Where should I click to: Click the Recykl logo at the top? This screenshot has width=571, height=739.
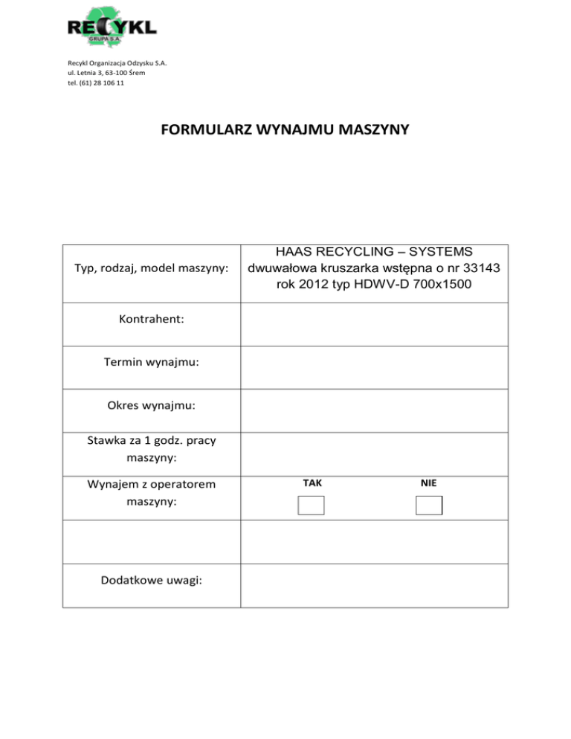[112, 28]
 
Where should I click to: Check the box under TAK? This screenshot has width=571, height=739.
[311, 506]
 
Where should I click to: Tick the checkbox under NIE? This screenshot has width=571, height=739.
[429, 506]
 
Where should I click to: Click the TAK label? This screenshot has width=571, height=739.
[312, 483]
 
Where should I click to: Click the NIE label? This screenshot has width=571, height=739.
[428, 483]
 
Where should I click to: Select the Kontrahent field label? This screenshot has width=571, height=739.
[152, 319]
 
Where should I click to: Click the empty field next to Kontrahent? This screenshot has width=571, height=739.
[374, 323]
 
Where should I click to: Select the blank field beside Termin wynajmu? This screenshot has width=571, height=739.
[374, 367]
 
